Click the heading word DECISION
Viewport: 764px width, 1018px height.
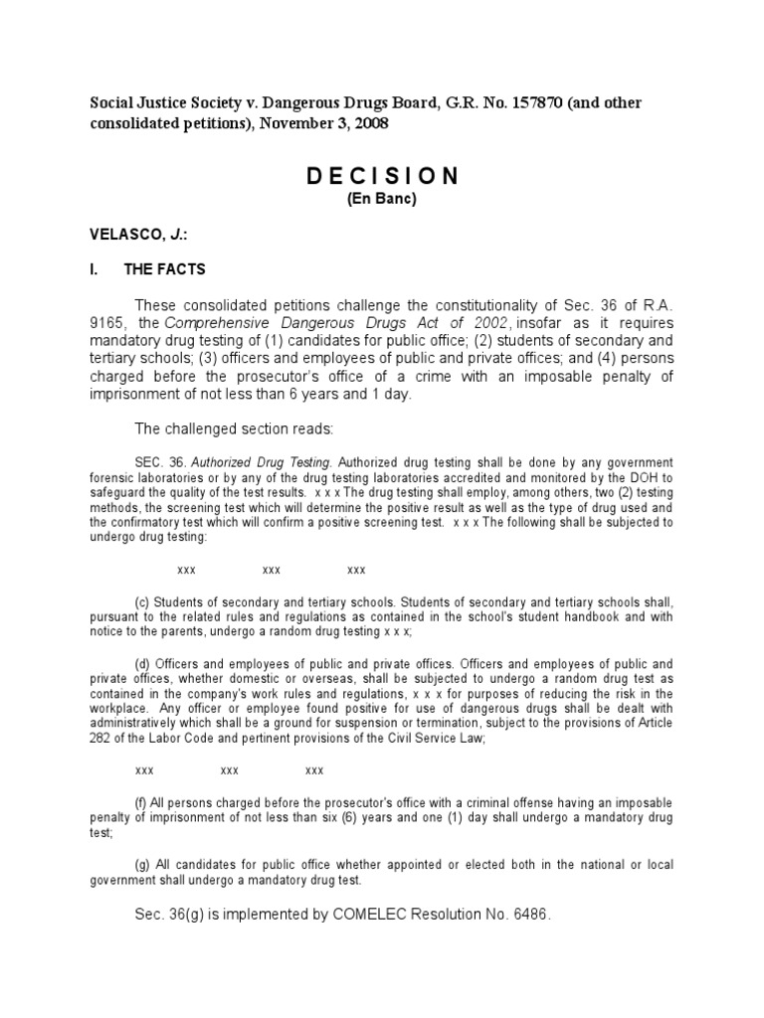(x=382, y=177)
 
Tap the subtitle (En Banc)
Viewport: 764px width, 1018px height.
(x=382, y=199)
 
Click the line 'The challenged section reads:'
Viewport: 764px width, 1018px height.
(x=226, y=428)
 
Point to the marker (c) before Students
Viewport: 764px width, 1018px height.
(x=141, y=602)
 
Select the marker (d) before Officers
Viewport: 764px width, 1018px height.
(x=141, y=663)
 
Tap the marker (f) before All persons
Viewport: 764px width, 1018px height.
(x=140, y=801)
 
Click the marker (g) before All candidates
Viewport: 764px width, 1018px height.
(x=141, y=864)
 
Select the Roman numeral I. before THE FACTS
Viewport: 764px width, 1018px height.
(x=95, y=269)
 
